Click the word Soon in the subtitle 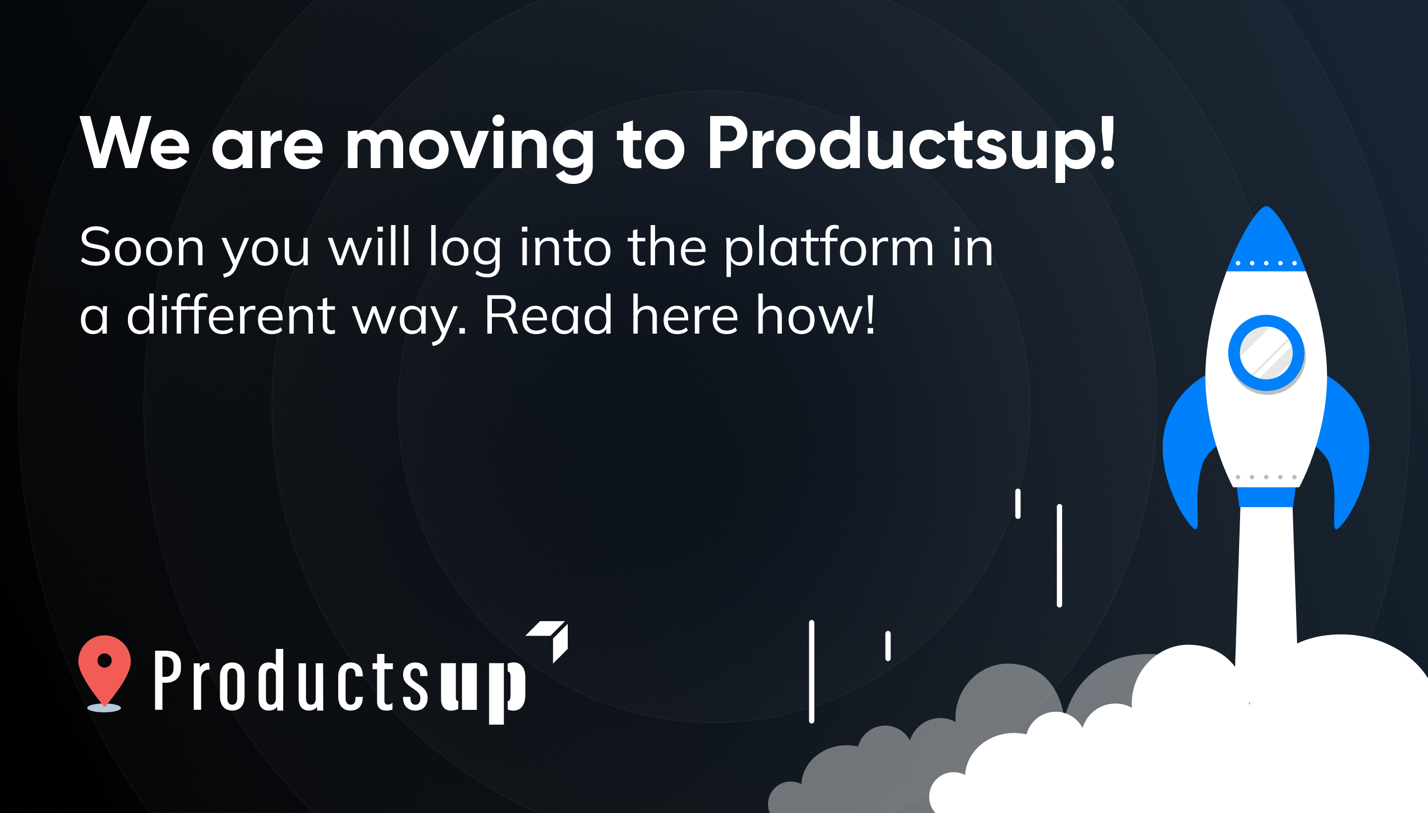pyautogui.click(x=142, y=247)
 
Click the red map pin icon pyautogui.click(x=105, y=669)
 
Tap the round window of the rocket pyautogui.click(x=1266, y=353)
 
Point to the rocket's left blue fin pyautogui.click(x=1187, y=447)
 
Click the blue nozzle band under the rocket pyautogui.click(x=1266, y=497)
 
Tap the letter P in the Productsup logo pyautogui.click(x=168, y=680)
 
